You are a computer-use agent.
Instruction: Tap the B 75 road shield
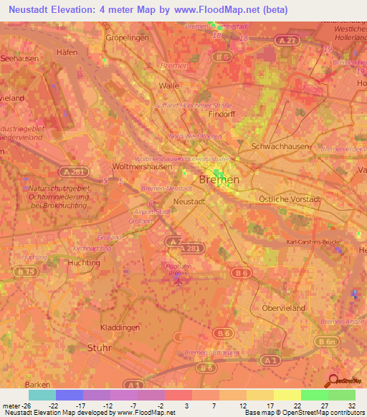click(28, 272)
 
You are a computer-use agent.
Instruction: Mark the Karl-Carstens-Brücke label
click(313, 241)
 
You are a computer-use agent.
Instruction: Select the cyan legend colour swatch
click(42, 395)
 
